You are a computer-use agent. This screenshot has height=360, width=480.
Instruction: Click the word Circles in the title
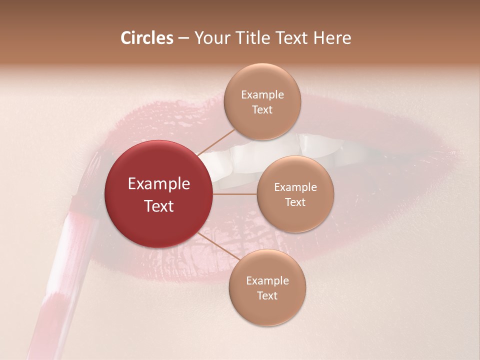pos(146,38)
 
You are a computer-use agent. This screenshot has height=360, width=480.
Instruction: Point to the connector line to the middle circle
pos(234,194)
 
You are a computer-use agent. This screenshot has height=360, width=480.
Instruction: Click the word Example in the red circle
pos(159,184)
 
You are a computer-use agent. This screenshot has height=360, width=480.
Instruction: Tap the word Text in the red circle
pos(159,206)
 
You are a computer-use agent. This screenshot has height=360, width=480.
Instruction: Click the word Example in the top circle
pos(262,95)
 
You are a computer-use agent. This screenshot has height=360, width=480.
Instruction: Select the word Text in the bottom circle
pos(267,295)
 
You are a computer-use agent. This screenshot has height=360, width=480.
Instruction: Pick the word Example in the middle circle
pos(295,187)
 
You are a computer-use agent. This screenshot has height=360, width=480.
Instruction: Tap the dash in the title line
pos(183,38)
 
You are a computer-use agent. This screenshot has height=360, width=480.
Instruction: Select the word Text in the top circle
pos(262,109)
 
